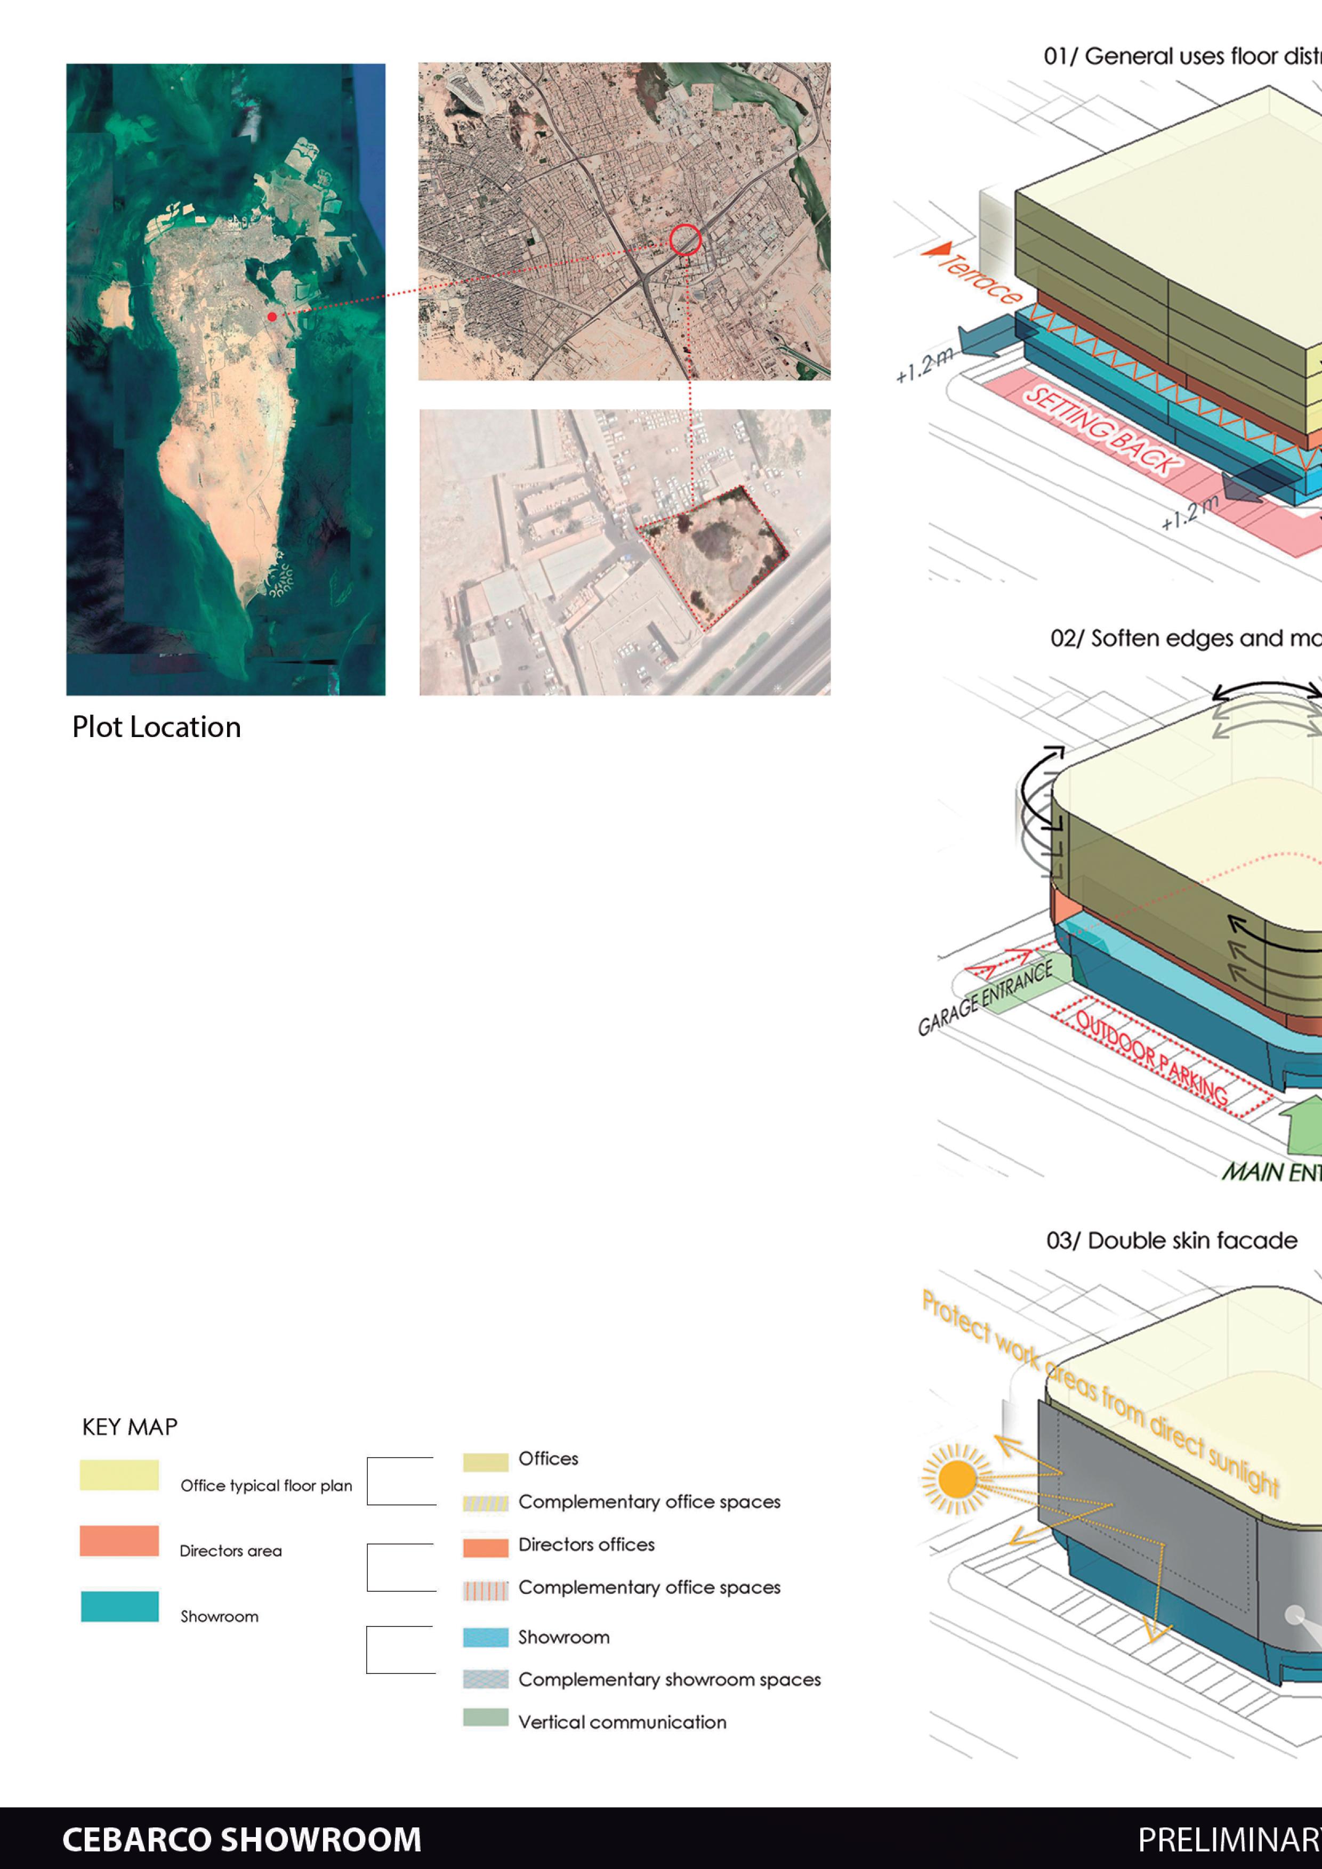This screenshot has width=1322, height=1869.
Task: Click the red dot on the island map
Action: (272, 317)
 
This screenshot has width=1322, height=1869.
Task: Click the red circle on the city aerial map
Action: (686, 240)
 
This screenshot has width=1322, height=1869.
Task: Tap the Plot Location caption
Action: (156, 727)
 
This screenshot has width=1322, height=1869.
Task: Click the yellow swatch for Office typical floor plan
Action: (119, 1475)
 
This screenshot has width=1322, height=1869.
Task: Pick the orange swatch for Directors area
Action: (119, 1541)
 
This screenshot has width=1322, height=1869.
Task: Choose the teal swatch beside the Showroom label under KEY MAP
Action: (119, 1606)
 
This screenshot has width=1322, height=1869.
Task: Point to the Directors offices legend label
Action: (586, 1544)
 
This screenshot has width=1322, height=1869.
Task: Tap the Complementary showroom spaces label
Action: (669, 1679)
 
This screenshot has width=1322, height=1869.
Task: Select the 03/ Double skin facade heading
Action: (1171, 1241)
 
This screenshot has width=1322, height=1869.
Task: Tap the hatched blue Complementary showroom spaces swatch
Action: (485, 1679)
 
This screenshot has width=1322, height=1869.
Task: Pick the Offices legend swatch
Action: (485, 1462)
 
